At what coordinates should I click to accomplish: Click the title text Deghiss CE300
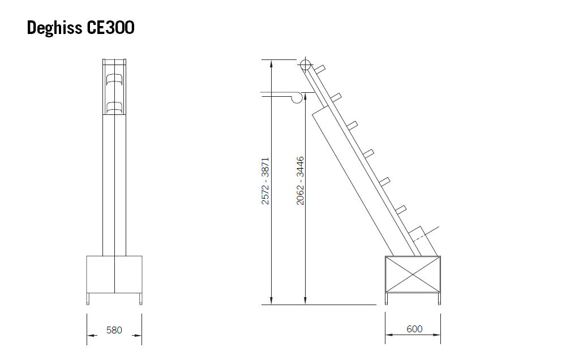click(80, 28)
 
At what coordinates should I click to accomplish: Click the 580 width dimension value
click(114, 330)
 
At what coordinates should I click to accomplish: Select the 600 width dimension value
click(414, 329)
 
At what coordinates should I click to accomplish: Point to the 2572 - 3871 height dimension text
click(265, 181)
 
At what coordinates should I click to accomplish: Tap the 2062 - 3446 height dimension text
click(301, 181)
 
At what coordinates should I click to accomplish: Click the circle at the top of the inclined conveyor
click(306, 65)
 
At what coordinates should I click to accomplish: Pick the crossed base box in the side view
click(413, 275)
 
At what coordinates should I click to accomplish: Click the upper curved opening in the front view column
click(114, 80)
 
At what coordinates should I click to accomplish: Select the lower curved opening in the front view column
click(114, 108)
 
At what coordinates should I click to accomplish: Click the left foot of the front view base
click(88, 299)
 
